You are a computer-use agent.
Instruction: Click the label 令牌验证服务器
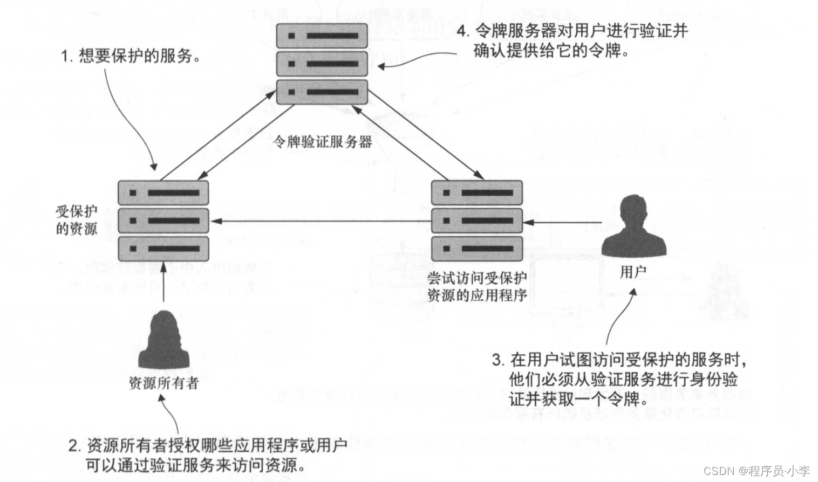coord(322,142)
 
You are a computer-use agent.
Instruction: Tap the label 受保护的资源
coord(76,220)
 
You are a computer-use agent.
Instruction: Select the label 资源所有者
coord(163,383)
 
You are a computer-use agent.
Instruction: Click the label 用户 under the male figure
coord(632,272)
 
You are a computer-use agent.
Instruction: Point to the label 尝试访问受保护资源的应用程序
coord(477,286)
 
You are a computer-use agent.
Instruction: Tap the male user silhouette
coord(633,228)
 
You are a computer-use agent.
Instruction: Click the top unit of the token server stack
coord(322,36)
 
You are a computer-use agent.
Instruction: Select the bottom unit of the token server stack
coord(322,92)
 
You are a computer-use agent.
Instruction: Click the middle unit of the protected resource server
coord(163,221)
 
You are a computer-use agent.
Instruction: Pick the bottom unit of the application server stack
coord(477,249)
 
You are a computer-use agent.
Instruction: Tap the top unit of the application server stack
coord(477,193)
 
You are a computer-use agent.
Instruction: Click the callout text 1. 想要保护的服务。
coord(131,56)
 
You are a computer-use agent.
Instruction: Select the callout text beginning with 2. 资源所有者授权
coord(208,455)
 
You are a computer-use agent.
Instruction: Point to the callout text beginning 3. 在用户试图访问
coord(621,379)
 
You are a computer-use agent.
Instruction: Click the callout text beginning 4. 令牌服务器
coord(572,40)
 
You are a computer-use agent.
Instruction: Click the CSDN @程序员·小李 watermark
coord(756,471)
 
